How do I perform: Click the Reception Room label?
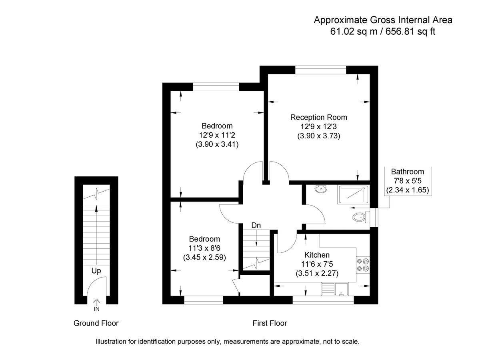click(x=318, y=117)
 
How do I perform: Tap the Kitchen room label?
click(x=317, y=255)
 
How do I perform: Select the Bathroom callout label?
click(x=408, y=172)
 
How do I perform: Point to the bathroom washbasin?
click(x=320, y=189)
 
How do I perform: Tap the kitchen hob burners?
click(x=364, y=265)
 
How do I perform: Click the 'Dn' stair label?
click(x=256, y=226)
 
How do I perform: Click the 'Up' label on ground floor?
click(x=96, y=271)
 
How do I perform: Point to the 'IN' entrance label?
click(x=96, y=309)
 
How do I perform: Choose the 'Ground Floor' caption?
click(x=96, y=323)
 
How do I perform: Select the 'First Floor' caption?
click(x=270, y=323)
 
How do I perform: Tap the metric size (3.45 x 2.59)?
click(x=204, y=258)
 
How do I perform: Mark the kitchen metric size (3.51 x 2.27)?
click(x=317, y=274)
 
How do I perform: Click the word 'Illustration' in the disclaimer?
click(x=112, y=342)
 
